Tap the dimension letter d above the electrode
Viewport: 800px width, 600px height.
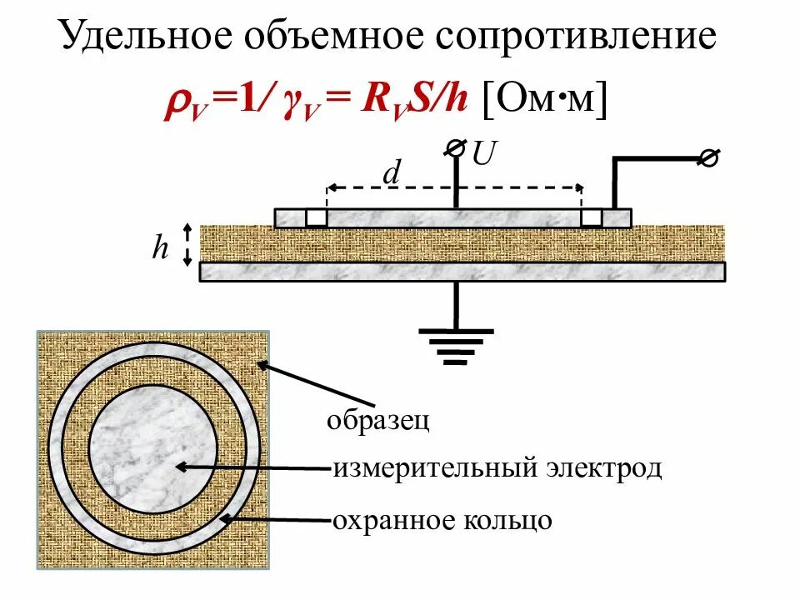pos(391,173)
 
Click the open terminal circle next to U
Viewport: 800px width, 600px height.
pos(455,147)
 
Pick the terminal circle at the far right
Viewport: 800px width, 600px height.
pos(709,158)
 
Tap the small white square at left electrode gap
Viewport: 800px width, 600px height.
pos(316,217)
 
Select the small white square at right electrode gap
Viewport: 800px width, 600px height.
pos(591,217)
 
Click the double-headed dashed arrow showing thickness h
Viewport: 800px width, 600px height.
pos(188,243)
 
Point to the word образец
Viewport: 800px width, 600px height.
pos(378,420)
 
